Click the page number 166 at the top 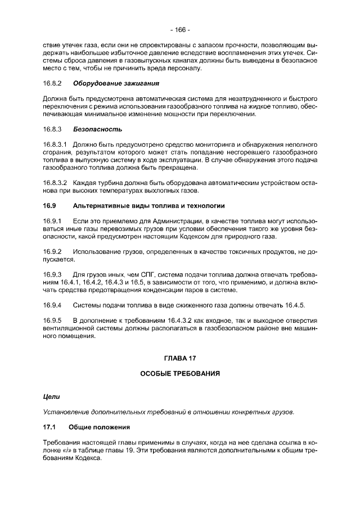pyautogui.click(x=180, y=29)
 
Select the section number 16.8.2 pyautogui.click(x=52, y=84)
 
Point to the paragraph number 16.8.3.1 pyautogui.click(x=55, y=143)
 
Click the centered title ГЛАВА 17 pyautogui.click(x=179, y=358)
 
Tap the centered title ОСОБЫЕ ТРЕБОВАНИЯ pyautogui.click(x=179, y=373)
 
